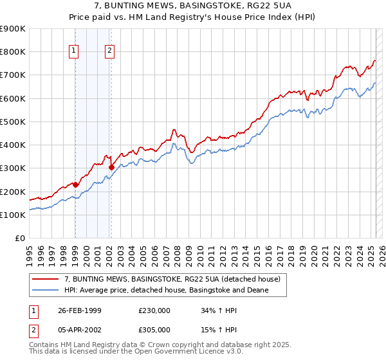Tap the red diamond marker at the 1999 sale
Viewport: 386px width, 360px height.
tap(75, 184)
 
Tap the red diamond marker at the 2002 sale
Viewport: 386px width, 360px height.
tap(111, 167)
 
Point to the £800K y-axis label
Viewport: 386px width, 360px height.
tap(13, 52)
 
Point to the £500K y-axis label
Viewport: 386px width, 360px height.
tap(13, 122)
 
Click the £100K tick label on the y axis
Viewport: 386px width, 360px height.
tap(13, 215)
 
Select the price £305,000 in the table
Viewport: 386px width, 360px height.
tap(154, 329)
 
